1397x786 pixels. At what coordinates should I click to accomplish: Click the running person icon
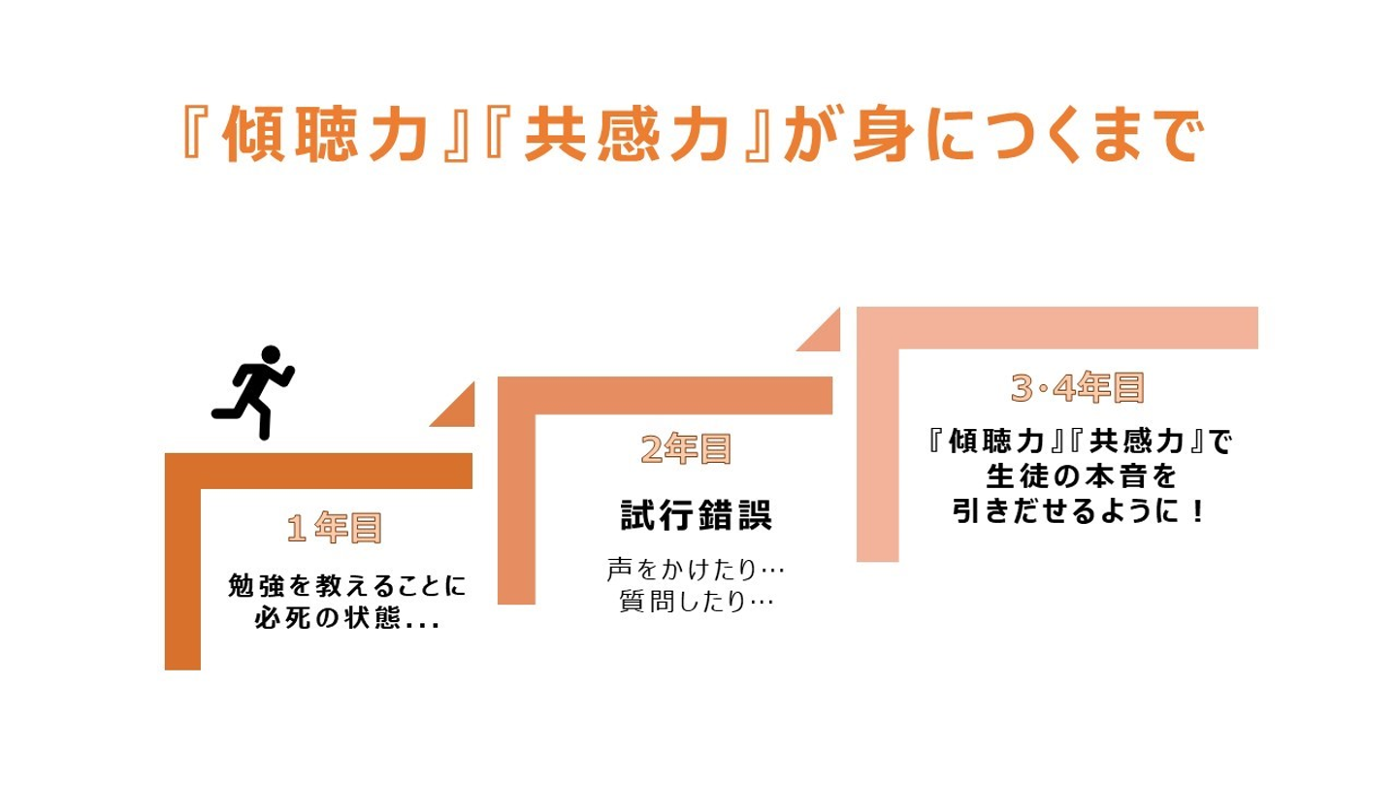pos(252,392)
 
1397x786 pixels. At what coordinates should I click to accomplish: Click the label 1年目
pos(335,529)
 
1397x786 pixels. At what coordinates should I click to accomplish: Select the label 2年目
pos(686,449)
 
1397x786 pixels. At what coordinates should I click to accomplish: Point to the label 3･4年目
pos(1078,388)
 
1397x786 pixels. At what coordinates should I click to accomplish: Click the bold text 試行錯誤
pos(697,515)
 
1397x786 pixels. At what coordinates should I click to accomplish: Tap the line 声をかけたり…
pos(696,566)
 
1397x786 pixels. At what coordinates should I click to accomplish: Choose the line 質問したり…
pos(696,602)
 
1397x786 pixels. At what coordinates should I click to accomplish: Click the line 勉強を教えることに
pos(347,586)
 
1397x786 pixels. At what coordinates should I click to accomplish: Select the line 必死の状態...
pos(347,619)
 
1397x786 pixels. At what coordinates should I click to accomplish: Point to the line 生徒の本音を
pos(1080,476)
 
